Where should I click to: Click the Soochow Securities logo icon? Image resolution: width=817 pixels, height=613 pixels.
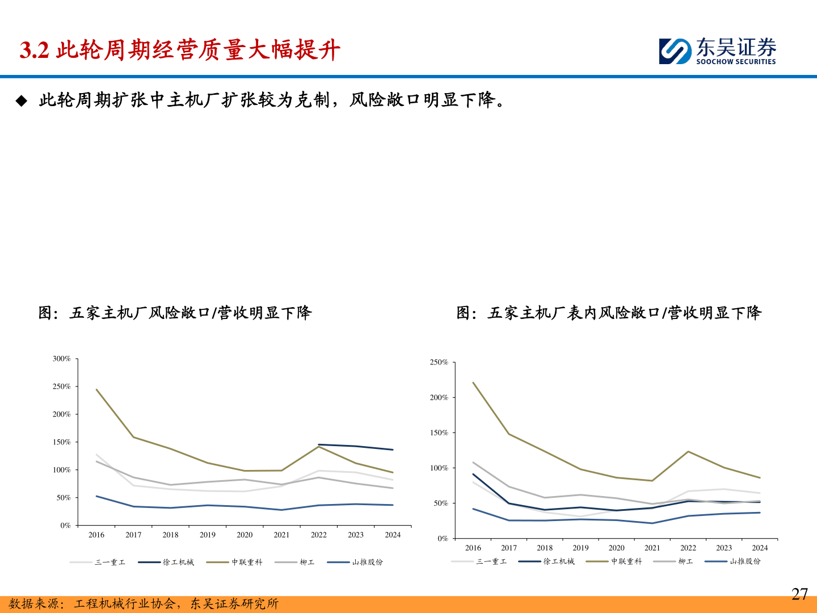click(675, 51)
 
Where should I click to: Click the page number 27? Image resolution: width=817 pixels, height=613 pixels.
click(799, 594)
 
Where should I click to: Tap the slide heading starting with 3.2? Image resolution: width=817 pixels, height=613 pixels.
click(180, 51)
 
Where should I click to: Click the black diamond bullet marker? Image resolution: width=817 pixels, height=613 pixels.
click(22, 101)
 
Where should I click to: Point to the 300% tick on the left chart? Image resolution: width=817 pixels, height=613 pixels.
click(62, 359)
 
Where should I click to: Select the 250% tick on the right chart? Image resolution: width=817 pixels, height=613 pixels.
click(439, 362)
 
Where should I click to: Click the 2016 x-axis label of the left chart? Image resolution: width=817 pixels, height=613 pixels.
click(96, 535)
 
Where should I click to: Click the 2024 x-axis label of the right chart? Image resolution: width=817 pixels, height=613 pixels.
click(760, 548)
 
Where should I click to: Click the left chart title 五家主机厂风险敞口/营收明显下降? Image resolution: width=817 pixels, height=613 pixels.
click(175, 313)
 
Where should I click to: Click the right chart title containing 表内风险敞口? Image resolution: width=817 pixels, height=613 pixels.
click(609, 313)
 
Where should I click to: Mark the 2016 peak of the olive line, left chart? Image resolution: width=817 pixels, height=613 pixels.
click(96, 389)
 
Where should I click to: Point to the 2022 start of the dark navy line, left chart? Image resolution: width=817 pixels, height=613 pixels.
click(319, 444)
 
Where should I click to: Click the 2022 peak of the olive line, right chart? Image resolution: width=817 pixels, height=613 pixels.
click(688, 451)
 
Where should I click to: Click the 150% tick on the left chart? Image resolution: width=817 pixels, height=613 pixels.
click(62, 442)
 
